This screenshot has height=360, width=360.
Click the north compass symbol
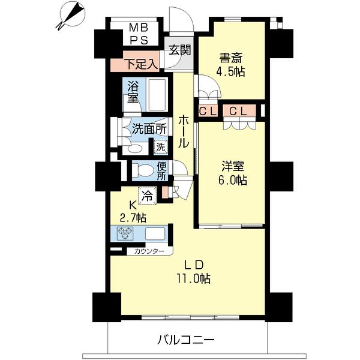point(72,15)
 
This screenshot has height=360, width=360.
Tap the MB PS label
point(139,34)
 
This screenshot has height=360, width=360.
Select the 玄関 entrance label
point(180,50)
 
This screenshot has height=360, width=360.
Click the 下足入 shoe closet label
point(142,64)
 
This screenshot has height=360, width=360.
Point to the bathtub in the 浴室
point(157,95)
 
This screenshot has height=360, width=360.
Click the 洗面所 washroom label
point(149,130)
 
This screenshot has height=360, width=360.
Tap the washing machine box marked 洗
point(160,147)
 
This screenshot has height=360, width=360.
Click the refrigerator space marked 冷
point(148,196)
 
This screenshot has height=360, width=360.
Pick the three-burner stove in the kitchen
point(125,233)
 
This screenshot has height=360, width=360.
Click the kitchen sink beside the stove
point(155,233)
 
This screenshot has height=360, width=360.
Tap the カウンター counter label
point(149,251)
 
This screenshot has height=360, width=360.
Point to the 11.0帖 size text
point(194,278)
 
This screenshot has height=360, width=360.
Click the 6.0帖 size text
point(233,180)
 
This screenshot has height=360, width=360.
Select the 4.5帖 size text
point(230,72)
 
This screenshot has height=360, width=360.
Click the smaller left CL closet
point(208,110)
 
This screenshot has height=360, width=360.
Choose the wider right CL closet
point(239,110)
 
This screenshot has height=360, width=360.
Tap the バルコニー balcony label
point(186,340)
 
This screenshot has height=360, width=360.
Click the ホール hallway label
point(184,132)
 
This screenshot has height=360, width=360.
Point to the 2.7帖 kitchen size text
point(133,217)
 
